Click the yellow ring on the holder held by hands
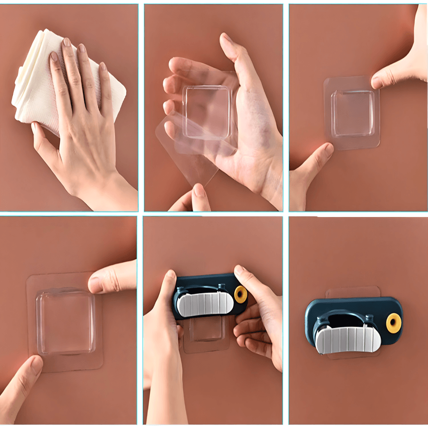point(241,294)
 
